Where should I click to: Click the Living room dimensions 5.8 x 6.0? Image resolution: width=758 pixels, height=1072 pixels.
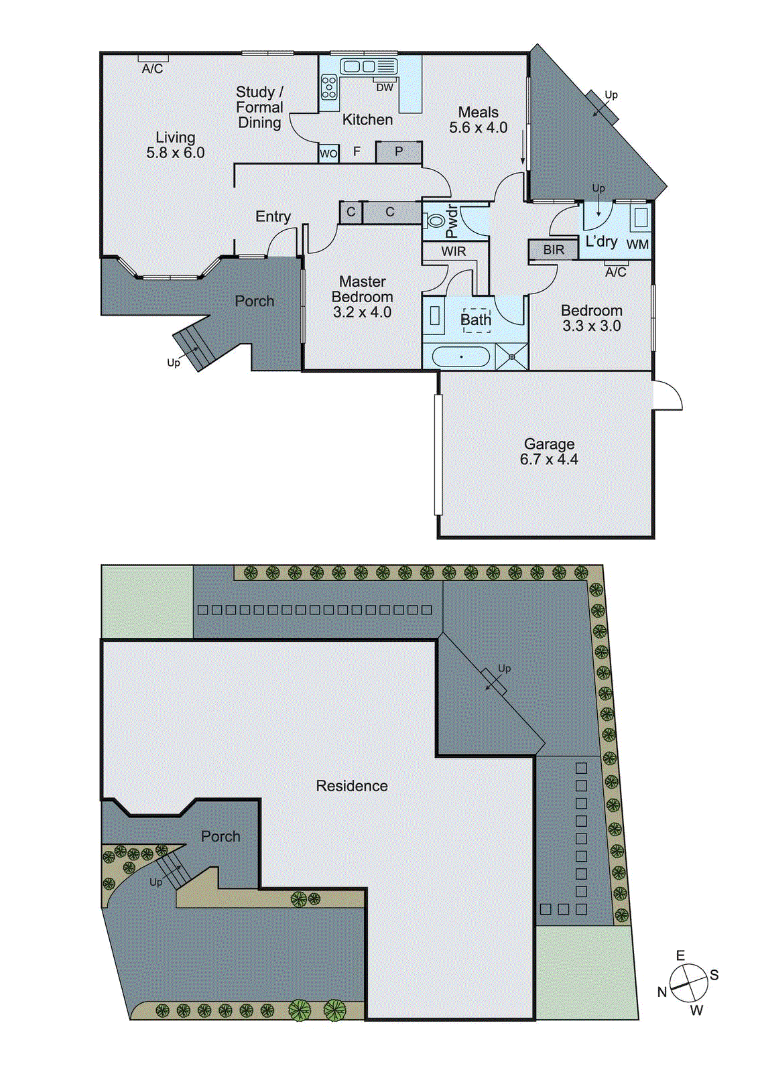tap(176, 153)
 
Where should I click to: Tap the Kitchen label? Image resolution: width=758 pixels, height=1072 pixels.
tap(367, 120)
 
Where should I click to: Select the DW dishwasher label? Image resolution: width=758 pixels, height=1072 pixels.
tap(385, 88)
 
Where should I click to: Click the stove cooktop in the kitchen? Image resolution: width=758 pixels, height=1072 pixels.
tap(329, 87)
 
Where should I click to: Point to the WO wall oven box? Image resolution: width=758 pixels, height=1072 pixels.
tap(328, 153)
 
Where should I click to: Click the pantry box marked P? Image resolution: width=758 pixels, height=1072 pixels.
tap(399, 152)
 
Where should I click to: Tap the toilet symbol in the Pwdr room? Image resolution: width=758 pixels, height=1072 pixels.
tap(436, 220)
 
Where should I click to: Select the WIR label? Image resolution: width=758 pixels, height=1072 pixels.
tap(454, 251)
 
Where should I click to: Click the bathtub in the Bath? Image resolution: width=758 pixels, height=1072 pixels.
tap(460, 356)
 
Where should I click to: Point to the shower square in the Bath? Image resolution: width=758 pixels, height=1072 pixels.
tap(512, 356)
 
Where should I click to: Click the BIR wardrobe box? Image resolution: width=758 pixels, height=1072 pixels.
tap(554, 250)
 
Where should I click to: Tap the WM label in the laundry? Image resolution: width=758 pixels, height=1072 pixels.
tap(637, 245)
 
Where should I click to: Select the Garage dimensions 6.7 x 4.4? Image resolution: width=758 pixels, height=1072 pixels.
tap(549, 460)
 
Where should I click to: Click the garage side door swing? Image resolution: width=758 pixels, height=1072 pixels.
tap(668, 397)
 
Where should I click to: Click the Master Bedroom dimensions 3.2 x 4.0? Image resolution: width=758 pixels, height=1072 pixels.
tap(362, 312)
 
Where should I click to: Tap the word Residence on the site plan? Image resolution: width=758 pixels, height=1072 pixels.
tap(352, 786)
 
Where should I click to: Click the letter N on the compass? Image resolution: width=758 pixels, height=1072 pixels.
tap(662, 992)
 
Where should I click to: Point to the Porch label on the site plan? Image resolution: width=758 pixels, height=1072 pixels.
tap(220, 836)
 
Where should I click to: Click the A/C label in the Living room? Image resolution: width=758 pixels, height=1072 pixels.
tap(152, 69)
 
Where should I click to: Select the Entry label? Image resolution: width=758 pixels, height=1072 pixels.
tap(273, 216)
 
